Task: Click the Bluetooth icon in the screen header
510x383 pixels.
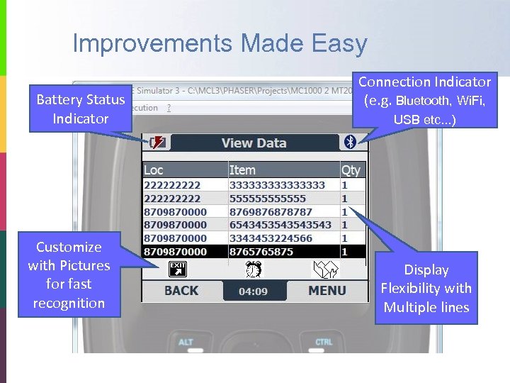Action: [x=349, y=142]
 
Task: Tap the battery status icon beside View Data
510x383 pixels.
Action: [x=157, y=143]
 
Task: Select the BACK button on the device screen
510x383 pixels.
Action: [x=181, y=290]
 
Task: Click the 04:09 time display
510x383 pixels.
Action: [x=253, y=291]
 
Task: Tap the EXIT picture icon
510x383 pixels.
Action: [x=177, y=269]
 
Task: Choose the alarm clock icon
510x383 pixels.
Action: [x=254, y=269]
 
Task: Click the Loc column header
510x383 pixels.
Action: [x=154, y=170]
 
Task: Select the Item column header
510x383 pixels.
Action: [x=242, y=170]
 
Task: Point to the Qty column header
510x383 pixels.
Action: [x=351, y=170]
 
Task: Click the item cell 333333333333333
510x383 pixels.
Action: [x=277, y=185]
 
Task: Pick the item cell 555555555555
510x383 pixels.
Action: [x=268, y=199]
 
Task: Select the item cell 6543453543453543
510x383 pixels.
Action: [x=280, y=225]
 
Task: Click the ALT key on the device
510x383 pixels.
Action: [x=186, y=343]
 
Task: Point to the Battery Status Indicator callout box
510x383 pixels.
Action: [x=81, y=109]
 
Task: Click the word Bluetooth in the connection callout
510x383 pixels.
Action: [x=423, y=101]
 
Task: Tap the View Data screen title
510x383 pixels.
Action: [x=254, y=143]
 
